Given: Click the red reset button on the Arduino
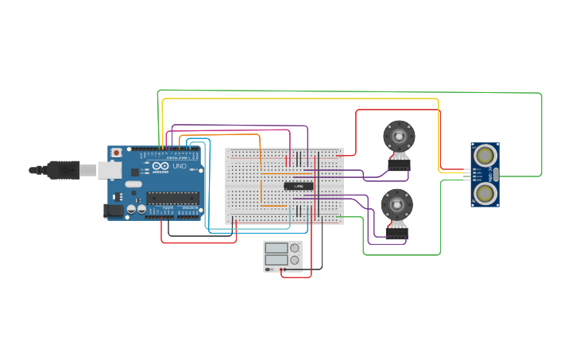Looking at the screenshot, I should tap(117, 152).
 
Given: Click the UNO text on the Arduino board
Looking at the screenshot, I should tap(180, 166).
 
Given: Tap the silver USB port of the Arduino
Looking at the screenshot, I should tap(108, 169).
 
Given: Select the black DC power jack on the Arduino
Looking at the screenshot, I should tap(114, 211).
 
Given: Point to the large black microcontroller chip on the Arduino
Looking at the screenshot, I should tap(172, 198).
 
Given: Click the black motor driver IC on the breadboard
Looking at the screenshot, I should tap(299, 186).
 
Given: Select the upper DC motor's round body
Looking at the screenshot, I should tap(399, 136).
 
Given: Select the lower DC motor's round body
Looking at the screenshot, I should tap(396, 205).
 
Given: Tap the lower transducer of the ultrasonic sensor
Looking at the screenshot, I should tap(485, 192).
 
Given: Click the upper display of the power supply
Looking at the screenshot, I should tap(276, 248).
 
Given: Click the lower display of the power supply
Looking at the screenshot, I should tap(276, 260).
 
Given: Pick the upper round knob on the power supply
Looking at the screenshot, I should tap(296, 248).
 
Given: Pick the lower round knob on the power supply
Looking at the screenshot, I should tap(296, 260).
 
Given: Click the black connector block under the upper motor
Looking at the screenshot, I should tap(399, 165).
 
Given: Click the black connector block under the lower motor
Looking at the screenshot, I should tap(396, 234).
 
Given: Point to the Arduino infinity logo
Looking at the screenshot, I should tap(159, 167).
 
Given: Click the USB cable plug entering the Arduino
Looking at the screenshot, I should tap(64, 169).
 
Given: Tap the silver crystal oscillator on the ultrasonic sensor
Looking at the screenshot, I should tap(497, 174).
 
